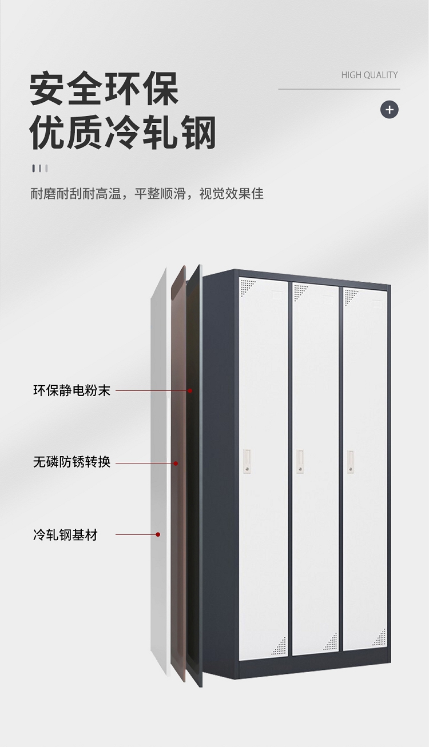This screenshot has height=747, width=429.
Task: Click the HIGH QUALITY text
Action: (369, 75)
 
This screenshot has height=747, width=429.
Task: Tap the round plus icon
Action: (390, 109)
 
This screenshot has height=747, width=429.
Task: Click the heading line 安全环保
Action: (105, 88)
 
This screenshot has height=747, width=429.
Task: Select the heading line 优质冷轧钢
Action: (123, 133)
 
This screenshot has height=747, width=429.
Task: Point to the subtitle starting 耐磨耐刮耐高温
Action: (147, 194)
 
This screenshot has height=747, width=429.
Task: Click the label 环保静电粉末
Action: (71, 391)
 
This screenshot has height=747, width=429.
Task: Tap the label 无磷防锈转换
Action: (71, 462)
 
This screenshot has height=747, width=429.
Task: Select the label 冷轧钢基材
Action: (65, 535)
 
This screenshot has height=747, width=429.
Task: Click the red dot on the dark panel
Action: (190, 391)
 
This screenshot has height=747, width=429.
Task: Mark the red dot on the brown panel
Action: (176, 463)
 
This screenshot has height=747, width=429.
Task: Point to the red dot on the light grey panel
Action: (158, 535)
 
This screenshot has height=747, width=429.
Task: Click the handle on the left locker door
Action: (247, 461)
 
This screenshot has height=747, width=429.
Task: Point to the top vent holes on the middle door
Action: (300, 291)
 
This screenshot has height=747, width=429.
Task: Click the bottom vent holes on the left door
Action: (279, 646)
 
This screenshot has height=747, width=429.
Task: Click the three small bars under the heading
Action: (39, 168)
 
